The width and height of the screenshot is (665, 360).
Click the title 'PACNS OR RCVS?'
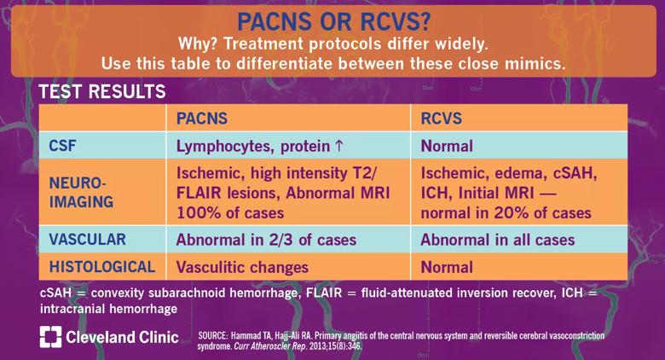(x=333, y=21)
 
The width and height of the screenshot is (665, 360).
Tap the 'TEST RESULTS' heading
(x=102, y=91)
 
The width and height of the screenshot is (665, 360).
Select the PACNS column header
(x=202, y=118)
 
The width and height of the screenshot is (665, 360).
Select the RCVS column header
(x=441, y=118)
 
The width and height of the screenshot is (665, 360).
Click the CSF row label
(x=62, y=146)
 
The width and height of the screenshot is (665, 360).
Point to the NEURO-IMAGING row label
(x=82, y=192)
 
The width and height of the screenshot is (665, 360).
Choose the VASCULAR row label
(x=87, y=239)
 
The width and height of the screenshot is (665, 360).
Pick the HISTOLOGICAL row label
(x=102, y=267)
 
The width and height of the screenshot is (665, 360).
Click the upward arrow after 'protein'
(x=338, y=146)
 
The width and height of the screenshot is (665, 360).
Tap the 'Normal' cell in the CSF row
(x=447, y=146)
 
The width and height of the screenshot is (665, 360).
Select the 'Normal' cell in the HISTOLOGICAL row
(x=447, y=267)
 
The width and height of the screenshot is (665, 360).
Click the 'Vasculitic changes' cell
(x=242, y=267)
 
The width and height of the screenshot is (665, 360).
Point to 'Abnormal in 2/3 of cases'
(x=266, y=240)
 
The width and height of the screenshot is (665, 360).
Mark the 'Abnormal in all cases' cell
(x=498, y=240)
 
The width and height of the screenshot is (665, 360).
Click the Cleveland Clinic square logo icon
(x=50, y=337)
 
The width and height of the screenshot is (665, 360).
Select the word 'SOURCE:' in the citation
(x=213, y=335)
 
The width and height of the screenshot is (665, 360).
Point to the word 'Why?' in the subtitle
(x=198, y=44)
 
